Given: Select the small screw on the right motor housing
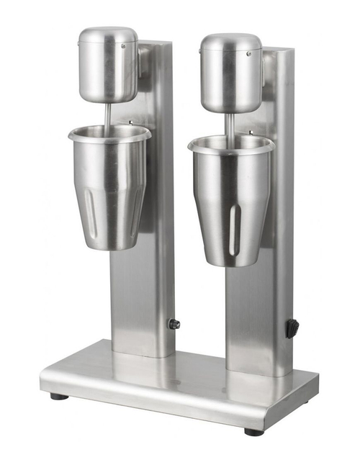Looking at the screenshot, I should click(248, 53).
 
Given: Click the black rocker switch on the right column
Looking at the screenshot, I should click(291, 328).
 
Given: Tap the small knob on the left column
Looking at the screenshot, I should click(174, 324).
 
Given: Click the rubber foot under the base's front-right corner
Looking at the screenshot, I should click(253, 432).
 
